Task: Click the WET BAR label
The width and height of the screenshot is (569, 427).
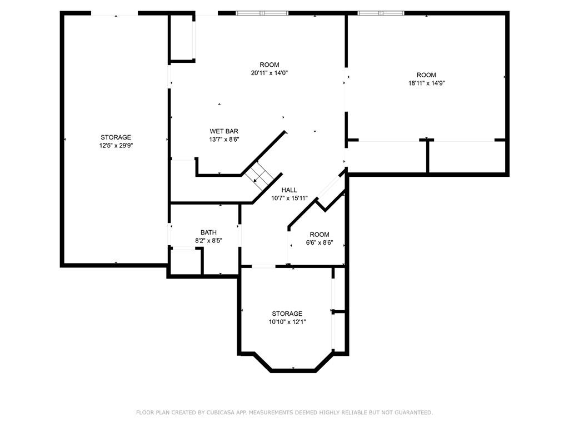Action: pos(224,131)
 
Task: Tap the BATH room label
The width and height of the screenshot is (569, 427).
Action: pos(209,232)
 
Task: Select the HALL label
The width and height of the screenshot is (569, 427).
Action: pos(289,190)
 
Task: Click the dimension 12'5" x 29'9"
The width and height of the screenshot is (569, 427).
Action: pos(116,146)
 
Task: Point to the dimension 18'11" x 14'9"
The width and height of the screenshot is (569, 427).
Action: pos(426,83)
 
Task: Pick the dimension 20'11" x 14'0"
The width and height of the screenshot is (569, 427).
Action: pos(269,73)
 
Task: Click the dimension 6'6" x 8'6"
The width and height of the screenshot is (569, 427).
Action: pos(320,243)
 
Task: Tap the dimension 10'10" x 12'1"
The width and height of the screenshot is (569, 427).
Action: pos(287,322)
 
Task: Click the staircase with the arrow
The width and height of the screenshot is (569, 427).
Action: pos(259,175)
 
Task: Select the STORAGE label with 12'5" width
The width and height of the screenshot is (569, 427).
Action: pos(116,137)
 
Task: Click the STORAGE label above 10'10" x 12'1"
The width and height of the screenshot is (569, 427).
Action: pos(287,314)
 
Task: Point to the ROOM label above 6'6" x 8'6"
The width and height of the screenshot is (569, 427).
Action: pos(320,235)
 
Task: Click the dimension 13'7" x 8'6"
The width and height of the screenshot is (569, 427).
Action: pos(224,140)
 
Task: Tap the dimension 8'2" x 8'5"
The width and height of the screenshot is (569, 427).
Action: pos(209,240)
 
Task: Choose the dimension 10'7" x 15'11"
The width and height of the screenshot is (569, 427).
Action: pos(289,198)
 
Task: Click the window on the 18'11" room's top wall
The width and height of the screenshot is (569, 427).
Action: pos(381,13)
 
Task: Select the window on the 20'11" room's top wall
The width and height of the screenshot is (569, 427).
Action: pos(262,13)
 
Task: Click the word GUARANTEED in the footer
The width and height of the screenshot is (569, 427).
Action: pos(413,413)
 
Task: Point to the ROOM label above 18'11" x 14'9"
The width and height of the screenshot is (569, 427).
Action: pos(426,75)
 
